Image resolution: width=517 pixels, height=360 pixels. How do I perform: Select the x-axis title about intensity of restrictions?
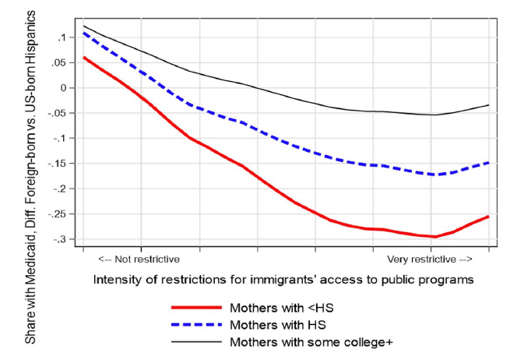tap(283, 278)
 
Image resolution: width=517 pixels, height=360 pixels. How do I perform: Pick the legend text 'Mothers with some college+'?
tap(294, 341)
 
